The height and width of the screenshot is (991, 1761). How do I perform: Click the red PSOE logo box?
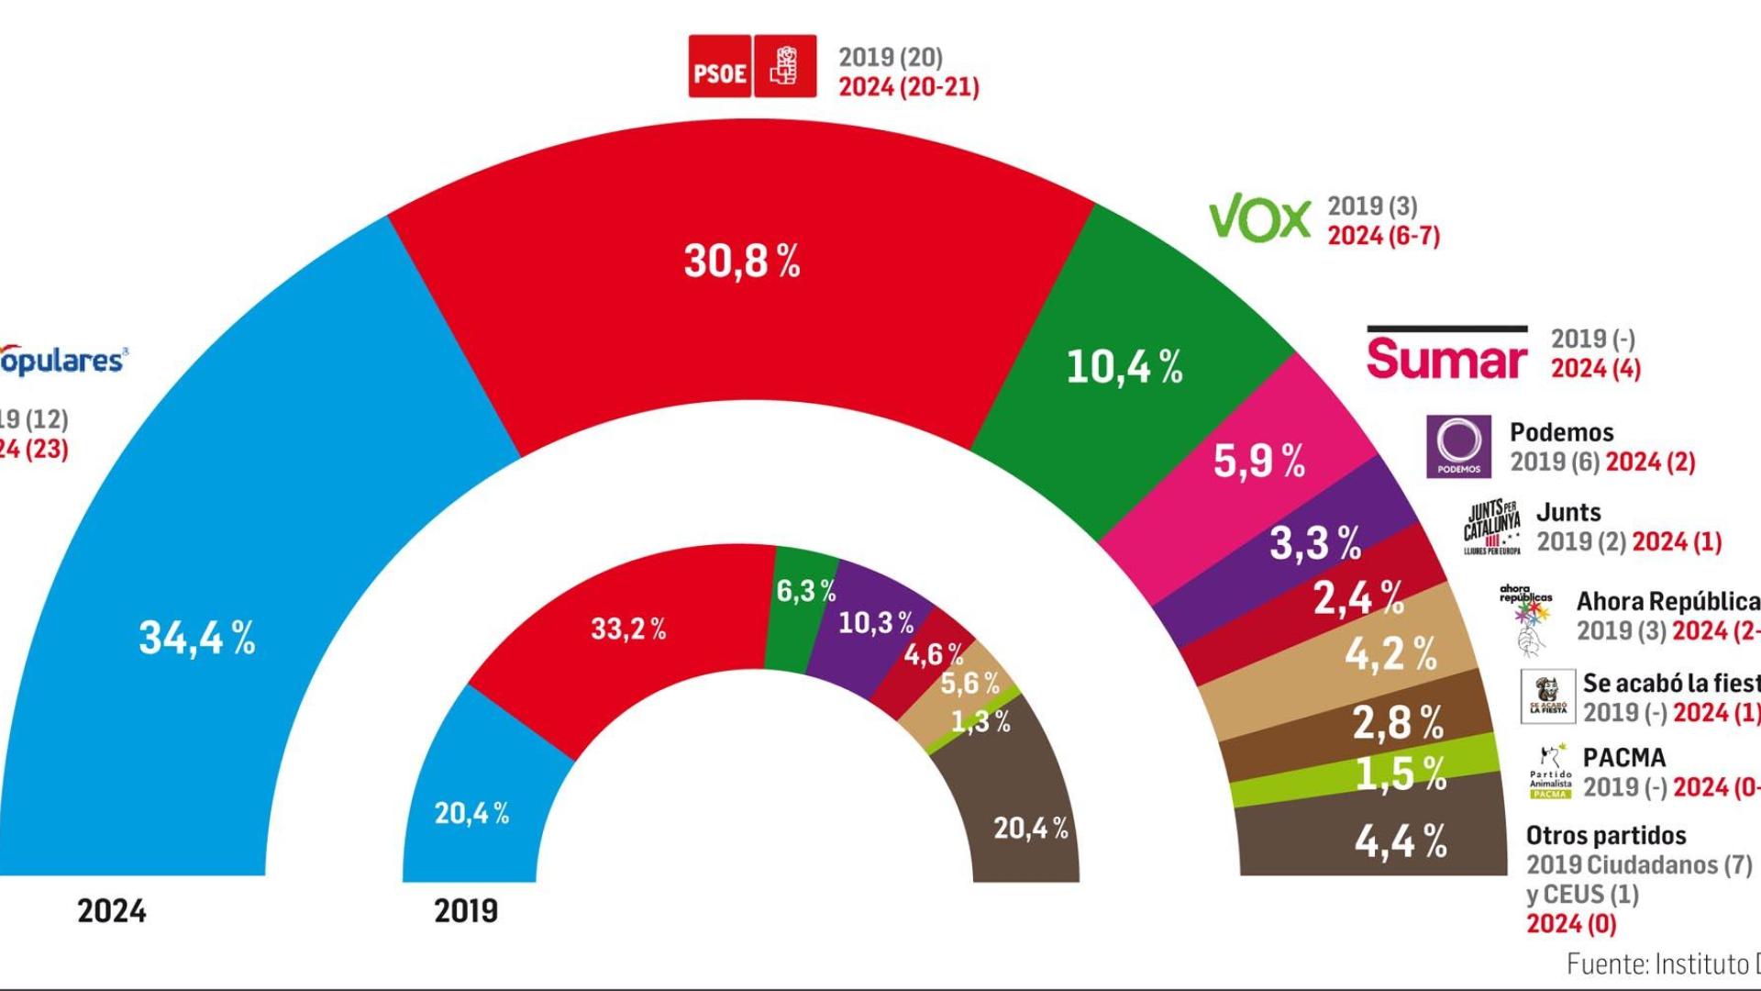752,66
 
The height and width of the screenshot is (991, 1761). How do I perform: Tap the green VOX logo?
1260,220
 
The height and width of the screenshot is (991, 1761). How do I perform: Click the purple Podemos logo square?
1458,447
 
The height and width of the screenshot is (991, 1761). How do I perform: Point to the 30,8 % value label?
741,262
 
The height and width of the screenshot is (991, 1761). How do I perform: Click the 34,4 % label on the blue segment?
196,637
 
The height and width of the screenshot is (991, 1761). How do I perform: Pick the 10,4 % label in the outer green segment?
1124,367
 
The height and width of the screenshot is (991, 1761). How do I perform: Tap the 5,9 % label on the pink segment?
1258,461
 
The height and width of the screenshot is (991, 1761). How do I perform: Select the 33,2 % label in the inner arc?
628,629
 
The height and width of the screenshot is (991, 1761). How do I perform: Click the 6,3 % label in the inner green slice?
805,591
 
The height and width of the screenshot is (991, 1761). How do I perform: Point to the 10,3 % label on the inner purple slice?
876,624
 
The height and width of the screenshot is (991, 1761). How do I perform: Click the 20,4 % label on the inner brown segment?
1031,829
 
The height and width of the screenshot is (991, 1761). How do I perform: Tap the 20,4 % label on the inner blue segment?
471,813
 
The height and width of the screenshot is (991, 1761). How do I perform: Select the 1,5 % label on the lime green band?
1401,774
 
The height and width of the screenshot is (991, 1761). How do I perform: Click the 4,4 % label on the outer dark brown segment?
1401,841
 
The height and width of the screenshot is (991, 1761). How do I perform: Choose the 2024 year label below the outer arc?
112,911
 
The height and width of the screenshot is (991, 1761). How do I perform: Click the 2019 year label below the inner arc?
466,911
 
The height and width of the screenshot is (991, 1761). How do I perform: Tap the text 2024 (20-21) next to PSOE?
908,87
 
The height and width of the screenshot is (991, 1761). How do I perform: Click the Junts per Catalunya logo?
1492,529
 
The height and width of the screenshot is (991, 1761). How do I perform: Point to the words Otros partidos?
1605,836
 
